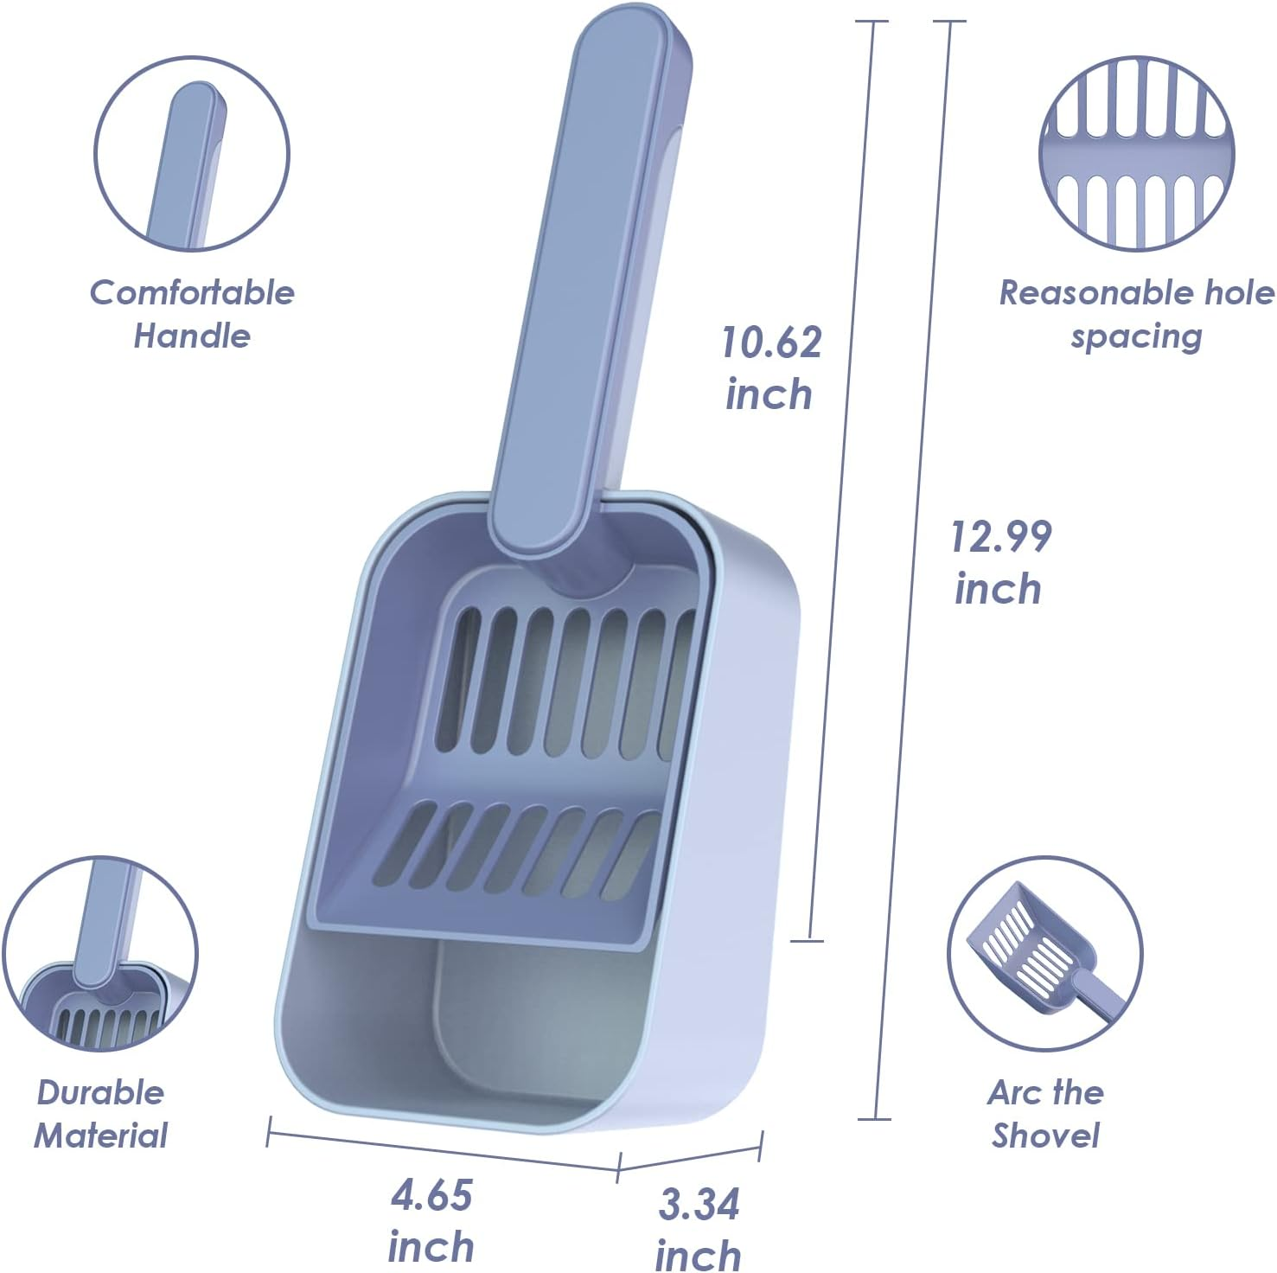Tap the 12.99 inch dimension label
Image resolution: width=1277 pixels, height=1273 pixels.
point(999,562)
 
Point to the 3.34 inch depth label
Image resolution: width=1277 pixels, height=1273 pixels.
point(699,1229)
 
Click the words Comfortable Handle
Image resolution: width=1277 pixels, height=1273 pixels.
point(192,314)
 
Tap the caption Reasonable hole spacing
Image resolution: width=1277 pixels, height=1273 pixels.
point(1136,314)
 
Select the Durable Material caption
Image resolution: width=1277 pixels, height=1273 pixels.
point(100,1114)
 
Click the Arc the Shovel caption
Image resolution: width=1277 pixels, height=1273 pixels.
point(1045,1114)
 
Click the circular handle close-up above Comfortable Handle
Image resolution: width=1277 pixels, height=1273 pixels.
point(191,155)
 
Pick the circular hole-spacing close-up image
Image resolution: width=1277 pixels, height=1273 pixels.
point(1136,155)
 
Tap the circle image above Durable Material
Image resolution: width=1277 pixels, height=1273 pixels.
point(100,954)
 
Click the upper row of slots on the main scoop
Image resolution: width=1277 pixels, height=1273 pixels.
point(562,683)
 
